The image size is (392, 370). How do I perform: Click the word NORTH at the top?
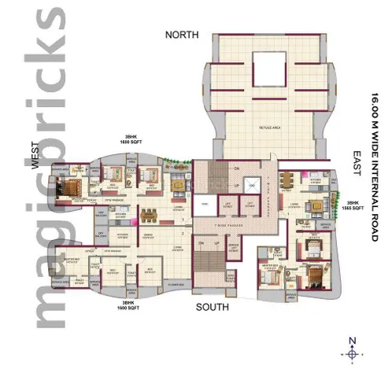tap(182, 35)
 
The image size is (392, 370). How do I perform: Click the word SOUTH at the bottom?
tap(213, 306)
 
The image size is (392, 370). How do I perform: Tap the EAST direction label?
tap(357, 157)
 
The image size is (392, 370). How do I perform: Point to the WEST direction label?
tap(35, 159)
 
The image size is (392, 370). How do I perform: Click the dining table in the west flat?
tap(146, 216)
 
